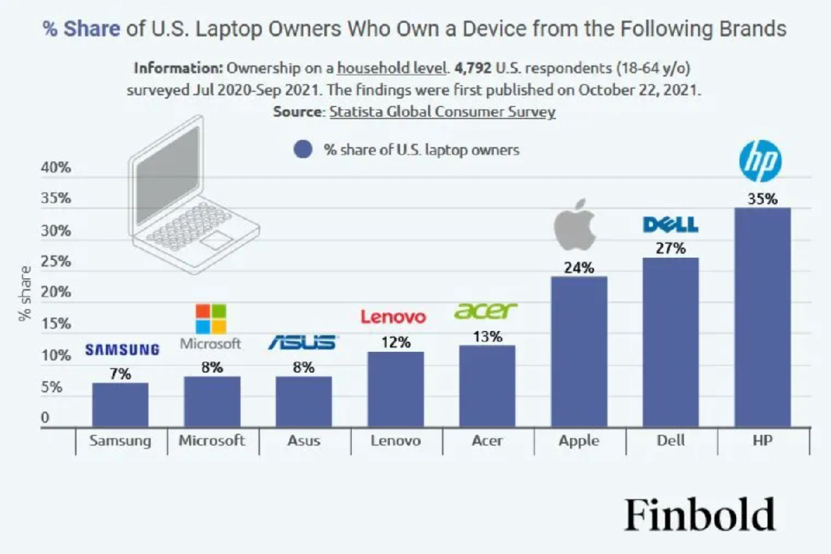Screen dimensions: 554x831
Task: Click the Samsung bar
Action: click(120, 405)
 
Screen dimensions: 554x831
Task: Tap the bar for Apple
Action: click(579, 351)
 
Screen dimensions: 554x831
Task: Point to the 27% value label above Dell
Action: click(670, 248)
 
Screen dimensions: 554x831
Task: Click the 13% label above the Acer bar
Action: click(487, 337)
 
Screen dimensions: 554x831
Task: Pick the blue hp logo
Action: click(760, 161)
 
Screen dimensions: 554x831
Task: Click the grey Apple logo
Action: click(575, 225)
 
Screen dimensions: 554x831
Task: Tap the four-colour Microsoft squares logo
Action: click(211, 319)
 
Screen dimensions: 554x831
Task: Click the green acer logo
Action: click(485, 311)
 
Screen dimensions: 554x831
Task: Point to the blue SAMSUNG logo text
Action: click(122, 350)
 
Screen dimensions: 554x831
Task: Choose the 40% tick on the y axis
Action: click(56, 167)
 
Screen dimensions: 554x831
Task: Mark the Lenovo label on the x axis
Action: click(396, 441)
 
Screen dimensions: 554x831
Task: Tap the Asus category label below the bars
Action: click(304, 441)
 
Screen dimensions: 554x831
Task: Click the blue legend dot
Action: click(303, 150)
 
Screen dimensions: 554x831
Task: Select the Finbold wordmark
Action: click(699, 515)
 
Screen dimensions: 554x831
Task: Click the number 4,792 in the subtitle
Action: click(473, 68)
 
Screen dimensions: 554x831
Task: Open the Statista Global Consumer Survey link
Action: click(442, 112)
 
